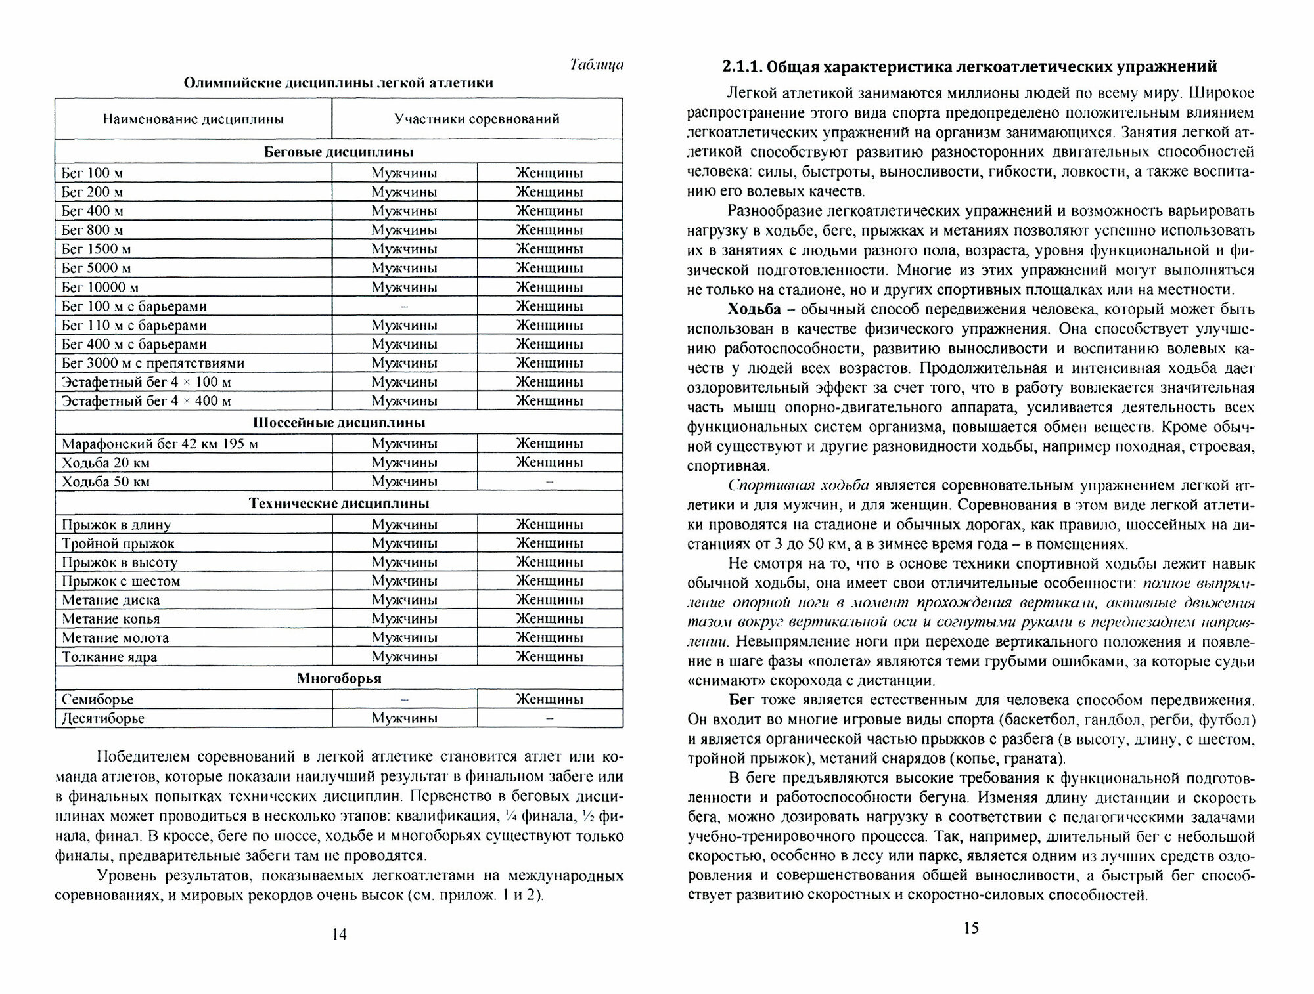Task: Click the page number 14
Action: pos(339,934)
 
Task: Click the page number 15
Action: pos(971,928)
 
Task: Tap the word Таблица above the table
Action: pos(597,65)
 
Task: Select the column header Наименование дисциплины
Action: pos(193,119)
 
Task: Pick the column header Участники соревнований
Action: pos(477,119)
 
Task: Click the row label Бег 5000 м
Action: pos(97,268)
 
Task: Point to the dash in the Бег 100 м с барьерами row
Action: pos(404,306)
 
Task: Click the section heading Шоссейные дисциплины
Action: pos(339,422)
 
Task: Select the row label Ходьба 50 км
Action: pos(106,481)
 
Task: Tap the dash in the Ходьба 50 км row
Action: pos(550,481)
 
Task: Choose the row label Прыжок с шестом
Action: pos(121,581)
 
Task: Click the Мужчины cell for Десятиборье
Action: pos(404,718)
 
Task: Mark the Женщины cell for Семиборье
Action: pos(550,699)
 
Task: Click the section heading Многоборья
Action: pos(339,678)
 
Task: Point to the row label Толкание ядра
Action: pos(110,657)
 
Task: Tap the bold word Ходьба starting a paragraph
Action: pos(754,309)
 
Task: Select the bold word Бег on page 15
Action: pos(742,700)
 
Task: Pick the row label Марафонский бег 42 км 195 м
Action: pos(160,444)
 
